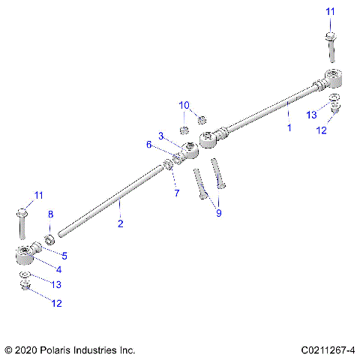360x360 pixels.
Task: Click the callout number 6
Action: point(149,145)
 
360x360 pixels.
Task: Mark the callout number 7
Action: point(177,193)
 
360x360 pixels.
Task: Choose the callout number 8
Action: point(50,215)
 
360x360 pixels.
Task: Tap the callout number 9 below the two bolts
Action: point(219,213)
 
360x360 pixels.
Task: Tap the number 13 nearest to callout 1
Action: point(311,115)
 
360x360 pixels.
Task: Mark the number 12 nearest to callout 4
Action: point(56,303)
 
